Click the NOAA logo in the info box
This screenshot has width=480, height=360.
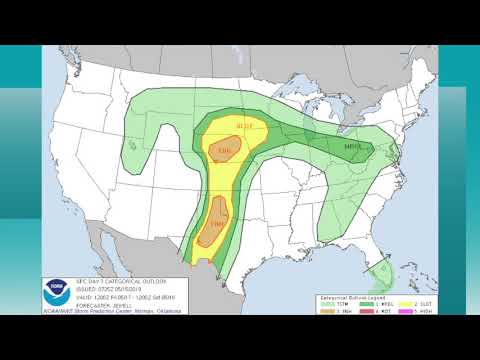pyautogui.click(x=57, y=292)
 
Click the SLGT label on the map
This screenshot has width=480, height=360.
pyautogui.click(x=244, y=125)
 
